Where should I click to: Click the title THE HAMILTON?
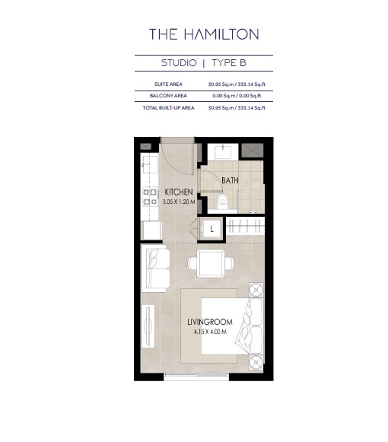(204, 33)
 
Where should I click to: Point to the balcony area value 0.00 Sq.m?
(222, 96)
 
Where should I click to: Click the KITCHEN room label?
(179, 192)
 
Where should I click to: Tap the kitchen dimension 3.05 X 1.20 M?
(179, 202)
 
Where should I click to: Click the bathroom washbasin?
(221, 150)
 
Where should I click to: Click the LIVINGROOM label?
(210, 322)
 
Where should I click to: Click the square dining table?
(210, 263)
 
